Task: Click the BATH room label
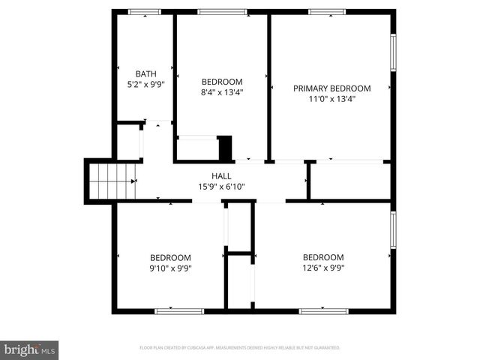pyautogui.click(x=146, y=73)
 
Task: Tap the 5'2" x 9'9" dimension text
pyautogui.click(x=146, y=85)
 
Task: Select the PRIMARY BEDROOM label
pyautogui.click(x=331, y=88)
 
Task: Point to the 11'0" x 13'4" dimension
pyautogui.click(x=331, y=98)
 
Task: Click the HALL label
pyautogui.click(x=221, y=175)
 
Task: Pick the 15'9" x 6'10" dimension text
pyautogui.click(x=221, y=187)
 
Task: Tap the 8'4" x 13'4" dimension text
pyautogui.click(x=222, y=92)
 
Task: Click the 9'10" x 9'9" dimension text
pyautogui.click(x=170, y=268)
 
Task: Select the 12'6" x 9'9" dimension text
pyautogui.click(x=323, y=268)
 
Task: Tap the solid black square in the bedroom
pyautogui.click(x=225, y=147)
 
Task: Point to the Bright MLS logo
pyautogui.click(x=29, y=349)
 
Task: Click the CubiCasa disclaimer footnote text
pyautogui.click(x=240, y=348)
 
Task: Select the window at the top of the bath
pyautogui.click(x=144, y=12)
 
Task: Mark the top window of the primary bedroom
pyautogui.click(x=327, y=12)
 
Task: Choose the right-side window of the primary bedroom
pyautogui.click(x=392, y=52)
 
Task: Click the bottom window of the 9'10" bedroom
pyautogui.click(x=178, y=310)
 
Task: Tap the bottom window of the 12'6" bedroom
pyautogui.click(x=323, y=310)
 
